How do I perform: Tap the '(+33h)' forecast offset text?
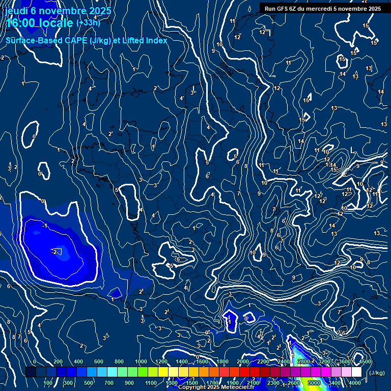point(88,22)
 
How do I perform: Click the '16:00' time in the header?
point(21,23)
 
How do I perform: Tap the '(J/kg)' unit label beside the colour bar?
point(377,373)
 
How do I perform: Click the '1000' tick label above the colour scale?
point(141,361)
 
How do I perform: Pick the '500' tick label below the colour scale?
point(89,383)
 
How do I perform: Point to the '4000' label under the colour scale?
point(354,383)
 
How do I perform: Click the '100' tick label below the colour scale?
point(48,383)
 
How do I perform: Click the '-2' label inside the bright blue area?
point(53,252)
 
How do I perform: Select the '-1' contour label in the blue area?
point(44,226)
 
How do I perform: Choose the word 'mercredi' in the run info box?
point(321,9)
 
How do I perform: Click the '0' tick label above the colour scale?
point(35,361)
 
